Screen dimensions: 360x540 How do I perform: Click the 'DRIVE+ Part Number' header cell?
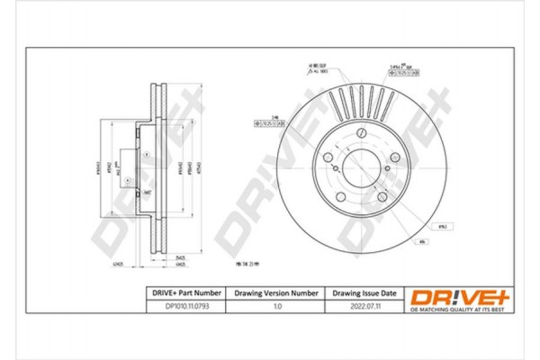click(184, 292)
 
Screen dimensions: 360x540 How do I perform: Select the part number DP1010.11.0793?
click(184, 307)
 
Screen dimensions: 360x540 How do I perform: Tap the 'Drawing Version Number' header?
click(277, 292)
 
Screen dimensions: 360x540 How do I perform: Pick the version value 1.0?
click(277, 307)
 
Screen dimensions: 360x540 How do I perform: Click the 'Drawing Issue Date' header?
click(365, 292)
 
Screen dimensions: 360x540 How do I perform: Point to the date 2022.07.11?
click(365, 307)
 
